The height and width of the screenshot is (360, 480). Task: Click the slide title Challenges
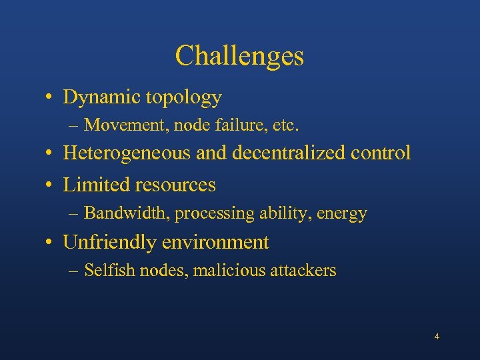tap(239, 56)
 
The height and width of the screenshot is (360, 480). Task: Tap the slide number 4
tap(437, 337)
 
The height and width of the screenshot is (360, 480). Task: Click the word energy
tap(342, 214)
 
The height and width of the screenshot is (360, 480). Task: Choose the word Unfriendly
tap(109, 242)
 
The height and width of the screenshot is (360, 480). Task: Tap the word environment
tap(215, 242)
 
